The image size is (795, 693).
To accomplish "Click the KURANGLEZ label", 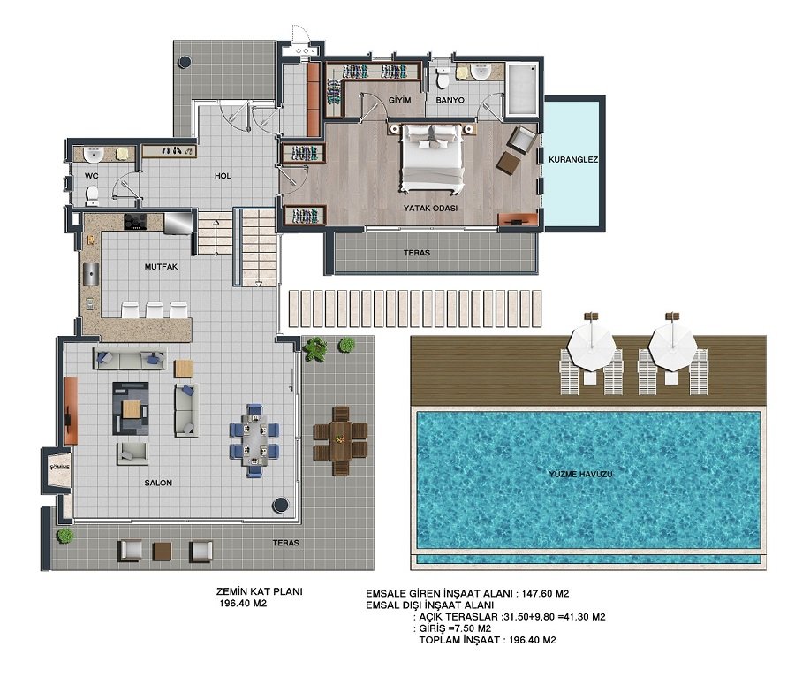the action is [573, 159].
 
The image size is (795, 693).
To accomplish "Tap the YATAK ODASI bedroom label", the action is [430, 208].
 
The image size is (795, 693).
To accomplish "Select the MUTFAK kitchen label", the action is [162, 266].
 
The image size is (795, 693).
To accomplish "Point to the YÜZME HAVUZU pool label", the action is [580, 474].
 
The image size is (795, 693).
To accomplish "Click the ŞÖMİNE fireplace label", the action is [60, 467].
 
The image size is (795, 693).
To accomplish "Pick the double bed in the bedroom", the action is [433, 158].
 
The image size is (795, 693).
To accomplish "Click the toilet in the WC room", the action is [92, 195].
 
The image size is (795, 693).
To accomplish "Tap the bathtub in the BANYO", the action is [522, 89].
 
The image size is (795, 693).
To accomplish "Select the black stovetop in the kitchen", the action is [135, 222].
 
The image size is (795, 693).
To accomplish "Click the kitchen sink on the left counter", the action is [91, 275].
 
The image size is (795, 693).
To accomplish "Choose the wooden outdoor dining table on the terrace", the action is [341, 440].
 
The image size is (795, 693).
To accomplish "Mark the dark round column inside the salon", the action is [280, 505].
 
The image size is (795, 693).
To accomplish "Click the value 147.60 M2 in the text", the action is [545, 594].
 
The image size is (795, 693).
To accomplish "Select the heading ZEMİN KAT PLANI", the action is [259, 591].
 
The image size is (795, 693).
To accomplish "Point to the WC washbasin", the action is [94, 154].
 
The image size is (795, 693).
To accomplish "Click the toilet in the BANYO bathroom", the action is [443, 78].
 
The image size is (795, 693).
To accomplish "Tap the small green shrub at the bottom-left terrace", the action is [64, 536].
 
